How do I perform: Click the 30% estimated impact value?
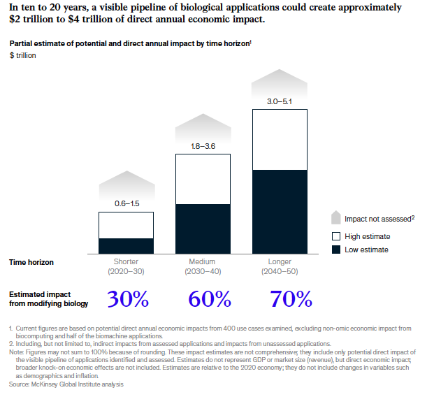pos(128,299)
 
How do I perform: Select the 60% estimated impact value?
pos(210,299)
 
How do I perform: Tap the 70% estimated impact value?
pos(291,299)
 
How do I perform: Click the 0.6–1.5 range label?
pos(126,203)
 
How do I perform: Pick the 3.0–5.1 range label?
pos(279,101)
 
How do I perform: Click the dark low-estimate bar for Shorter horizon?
pos(126,246)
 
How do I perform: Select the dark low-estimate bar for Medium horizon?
pos(203,229)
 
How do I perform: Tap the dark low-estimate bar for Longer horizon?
pos(279,212)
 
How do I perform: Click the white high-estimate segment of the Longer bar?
pos(279,139)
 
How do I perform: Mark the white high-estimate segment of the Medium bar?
pos(203,179)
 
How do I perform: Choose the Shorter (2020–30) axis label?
pos(126,266)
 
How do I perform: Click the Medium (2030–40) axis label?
pos(203,266)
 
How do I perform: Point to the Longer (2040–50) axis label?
pos(279,266)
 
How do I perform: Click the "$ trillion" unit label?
pos(22,55)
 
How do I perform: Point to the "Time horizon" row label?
pos(31,262)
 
